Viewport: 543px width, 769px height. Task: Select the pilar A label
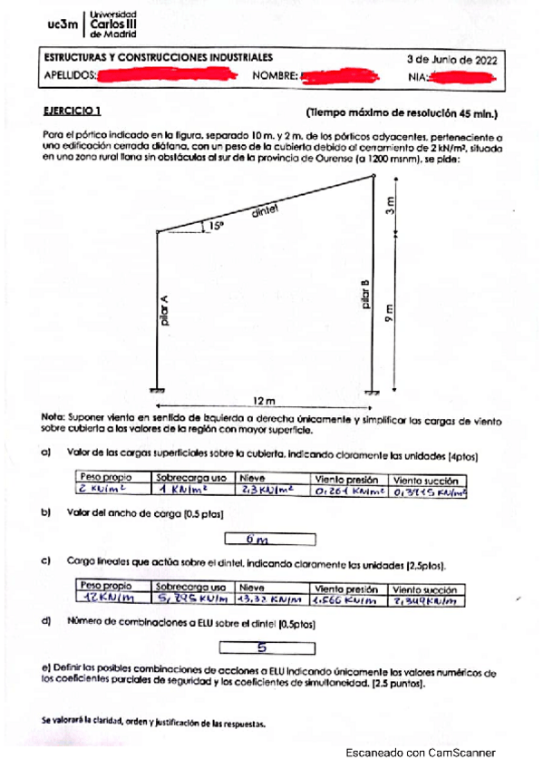164,314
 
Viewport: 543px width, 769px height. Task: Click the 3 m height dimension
391,205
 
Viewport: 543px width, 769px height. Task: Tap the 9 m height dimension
391,313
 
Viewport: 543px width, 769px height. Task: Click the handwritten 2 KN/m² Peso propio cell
112,491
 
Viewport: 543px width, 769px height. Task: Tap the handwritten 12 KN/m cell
112,599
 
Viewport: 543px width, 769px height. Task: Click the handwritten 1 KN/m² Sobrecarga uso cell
191,491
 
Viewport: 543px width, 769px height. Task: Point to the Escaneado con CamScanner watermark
421,753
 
